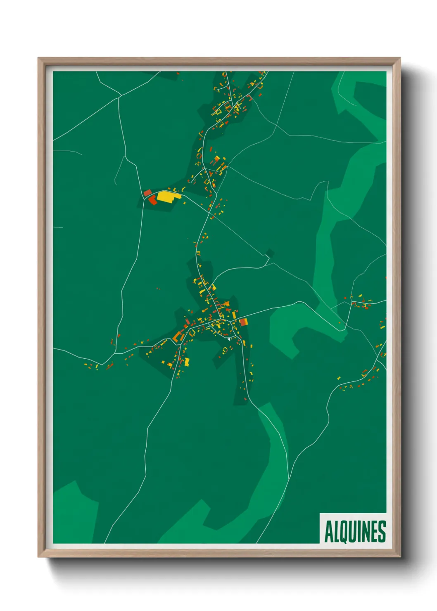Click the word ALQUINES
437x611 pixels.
355,531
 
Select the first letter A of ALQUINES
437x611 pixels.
329,532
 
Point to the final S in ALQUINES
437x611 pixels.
382,532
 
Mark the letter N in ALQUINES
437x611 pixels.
366,532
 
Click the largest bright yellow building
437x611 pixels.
166,196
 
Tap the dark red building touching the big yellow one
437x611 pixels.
152,200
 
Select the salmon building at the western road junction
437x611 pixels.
147,192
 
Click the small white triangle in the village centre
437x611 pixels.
227,339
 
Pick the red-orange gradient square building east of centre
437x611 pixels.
243,322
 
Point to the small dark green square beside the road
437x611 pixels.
270,253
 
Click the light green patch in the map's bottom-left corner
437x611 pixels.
74,516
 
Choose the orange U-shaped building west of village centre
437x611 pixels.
178,336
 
